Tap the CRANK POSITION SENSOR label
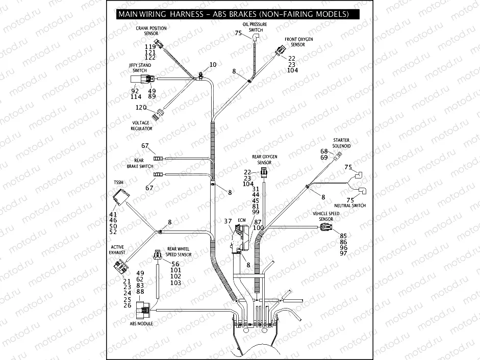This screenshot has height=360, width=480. pos(150,31)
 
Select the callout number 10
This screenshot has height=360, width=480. pos(213,65)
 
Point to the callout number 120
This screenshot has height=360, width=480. pos(141,108)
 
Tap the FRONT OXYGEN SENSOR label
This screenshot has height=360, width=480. pos(298,42)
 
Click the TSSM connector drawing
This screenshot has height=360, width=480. pos(121,196)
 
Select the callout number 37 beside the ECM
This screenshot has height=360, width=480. pos(228,221)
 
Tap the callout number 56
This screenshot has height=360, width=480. pos(175,264)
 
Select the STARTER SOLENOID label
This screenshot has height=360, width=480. pos(341,143)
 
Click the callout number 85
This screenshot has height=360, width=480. pos(343,236)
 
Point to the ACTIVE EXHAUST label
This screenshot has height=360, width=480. pos(117,249)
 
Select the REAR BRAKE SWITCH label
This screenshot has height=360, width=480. pos(140,163)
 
